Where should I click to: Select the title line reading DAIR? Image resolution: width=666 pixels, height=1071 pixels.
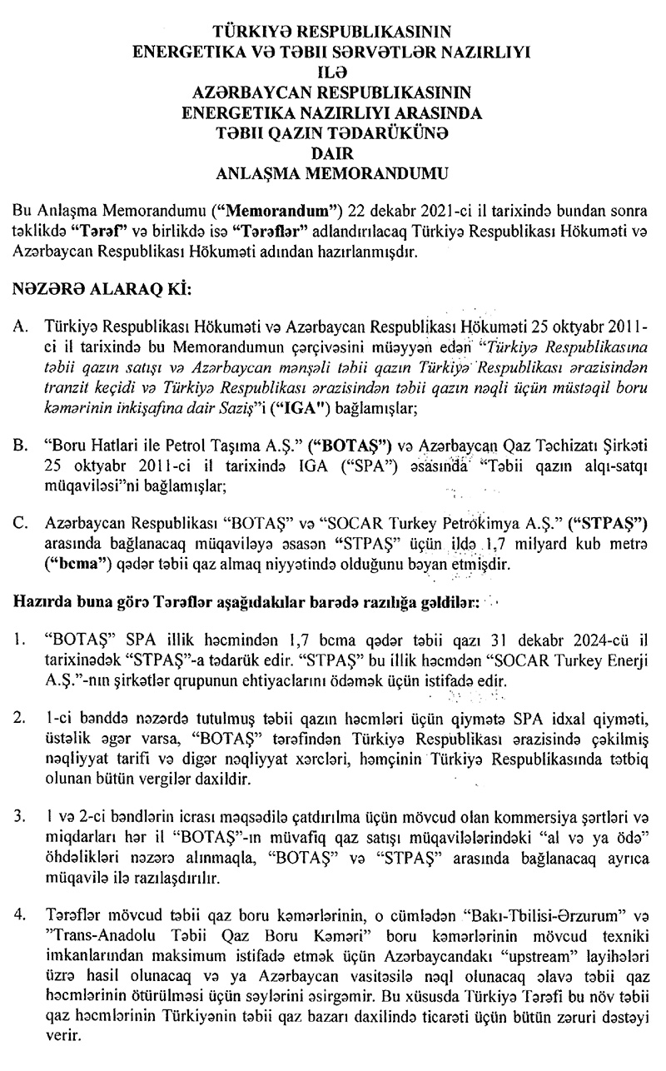click(x=333, y=153)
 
